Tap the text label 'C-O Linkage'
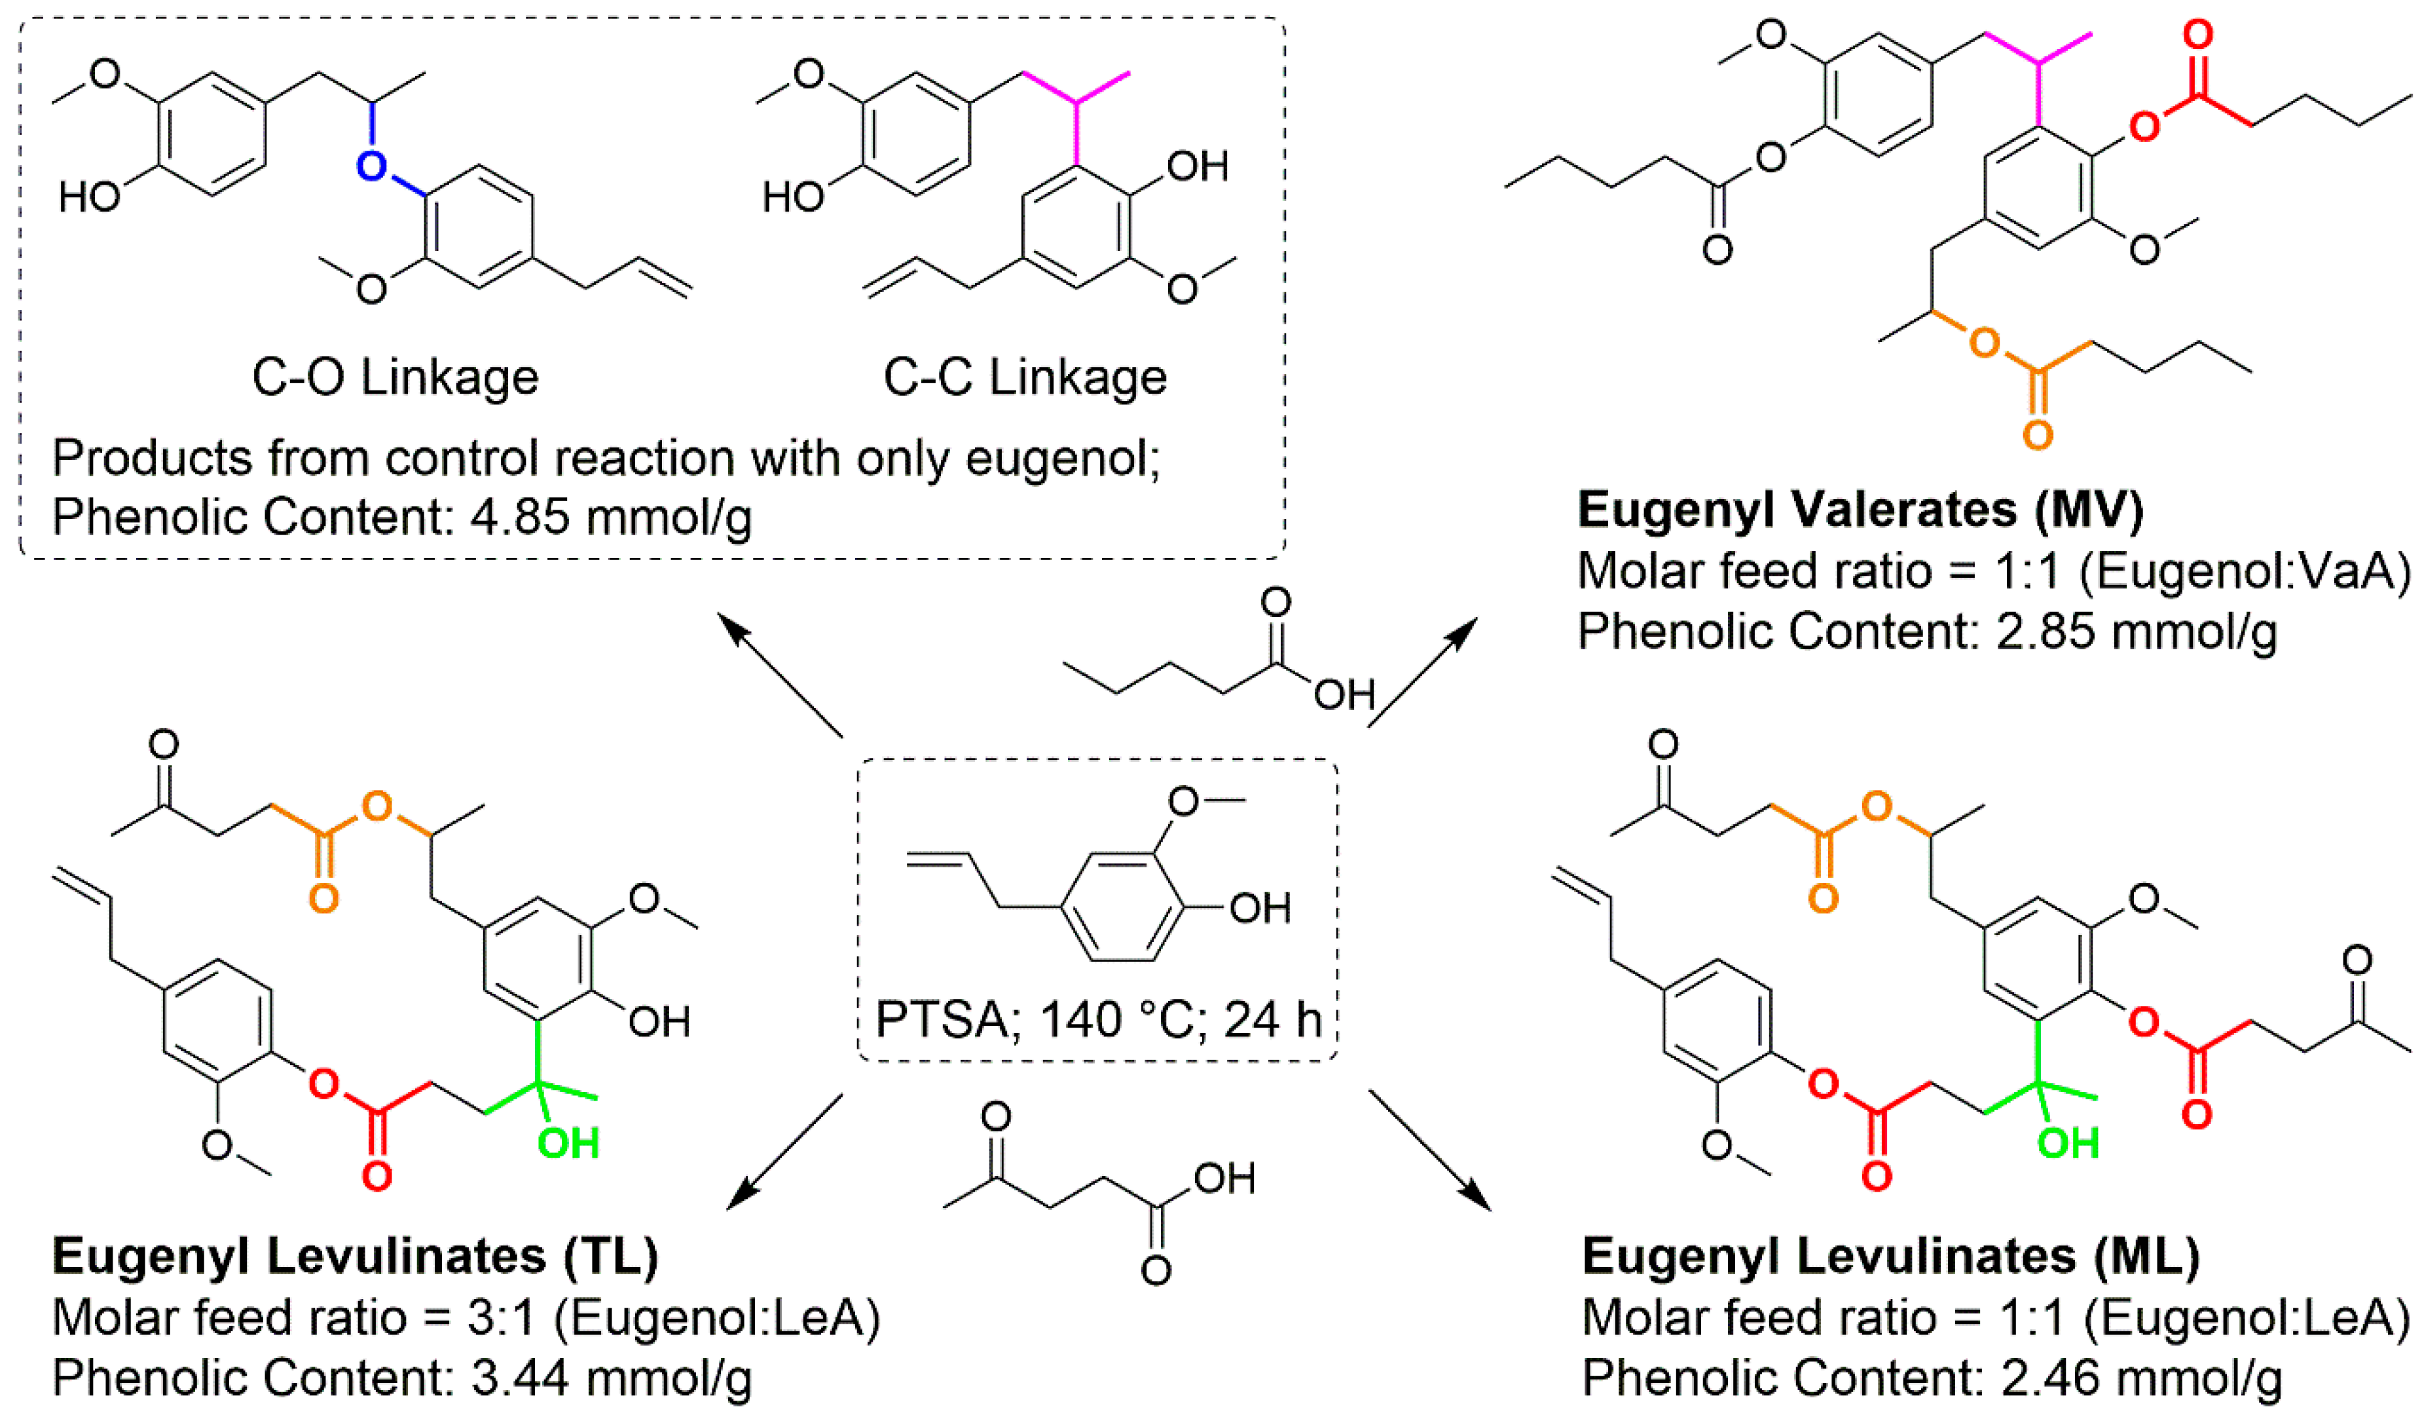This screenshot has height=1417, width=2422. pos(395,377)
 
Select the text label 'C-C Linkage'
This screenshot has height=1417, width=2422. pos(1025,377)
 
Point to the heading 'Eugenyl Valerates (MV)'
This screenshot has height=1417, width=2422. pos(1860,510)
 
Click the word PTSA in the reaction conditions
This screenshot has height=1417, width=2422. pos(940,1019)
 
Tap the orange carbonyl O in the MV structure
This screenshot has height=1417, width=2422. pos(2038,434)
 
